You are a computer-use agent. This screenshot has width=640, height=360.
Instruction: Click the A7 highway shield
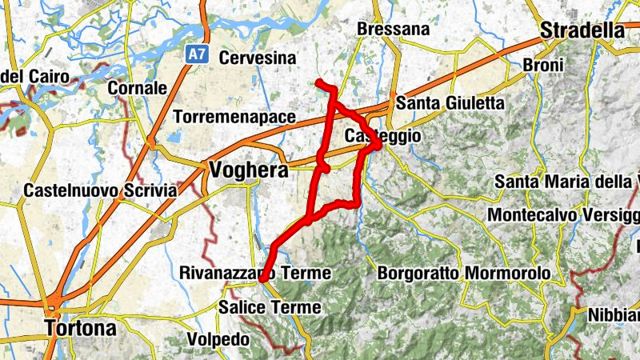pyautogui.click(x=197, y=54)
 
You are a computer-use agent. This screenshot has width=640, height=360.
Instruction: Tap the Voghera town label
pyautogui.click(x=246, y=169)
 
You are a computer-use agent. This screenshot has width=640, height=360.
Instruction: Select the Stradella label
pyautogui.click(x=582, y=30)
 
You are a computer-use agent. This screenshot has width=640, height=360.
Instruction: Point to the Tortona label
pyautogui.click(x=81, y=328)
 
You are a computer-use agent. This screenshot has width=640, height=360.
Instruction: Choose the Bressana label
pyautogui.click(x=394, y=30)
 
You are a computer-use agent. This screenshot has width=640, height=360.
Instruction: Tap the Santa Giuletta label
pyautogui.click(x=450, y=103)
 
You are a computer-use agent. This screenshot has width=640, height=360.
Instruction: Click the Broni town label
pyautogui.click(x=542, y=64)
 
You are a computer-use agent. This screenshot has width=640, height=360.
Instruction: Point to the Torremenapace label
pyautogui.click(x=234, y=117)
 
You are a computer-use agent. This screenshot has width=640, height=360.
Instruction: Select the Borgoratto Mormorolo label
pyautogui.click(x=463, y=274)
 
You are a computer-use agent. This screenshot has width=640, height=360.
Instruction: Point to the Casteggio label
pyautogui.click(x=382, y=137)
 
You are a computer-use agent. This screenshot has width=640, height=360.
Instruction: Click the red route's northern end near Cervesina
pyautogui.click(x=318, y=82)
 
